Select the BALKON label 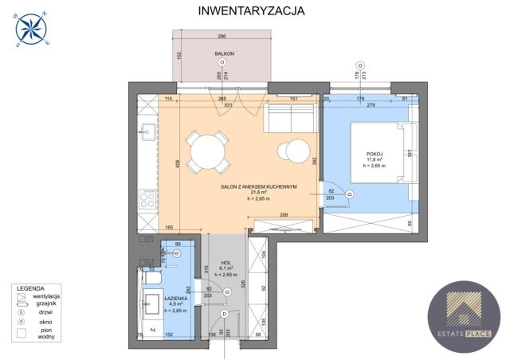point(222,53)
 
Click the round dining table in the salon point(206,151)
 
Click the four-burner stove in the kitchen point(147,196)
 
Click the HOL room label point(226,261)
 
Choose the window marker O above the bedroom point(360,65)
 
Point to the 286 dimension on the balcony point(222,37)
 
